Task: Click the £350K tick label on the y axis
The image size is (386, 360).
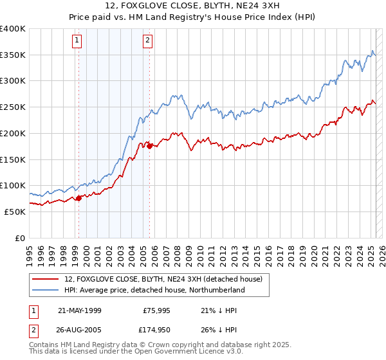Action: [x=13, y=55]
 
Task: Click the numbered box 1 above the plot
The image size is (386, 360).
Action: [x=77, y=40]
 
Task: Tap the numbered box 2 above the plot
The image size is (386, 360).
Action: [x=147, y=40]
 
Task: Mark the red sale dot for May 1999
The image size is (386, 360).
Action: [x=79, y=198]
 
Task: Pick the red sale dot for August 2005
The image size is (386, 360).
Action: [x=150, y=147]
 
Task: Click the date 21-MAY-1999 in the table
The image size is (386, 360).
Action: [x=80, y=310]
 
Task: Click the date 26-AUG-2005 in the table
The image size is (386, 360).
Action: [x=80, y=329]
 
